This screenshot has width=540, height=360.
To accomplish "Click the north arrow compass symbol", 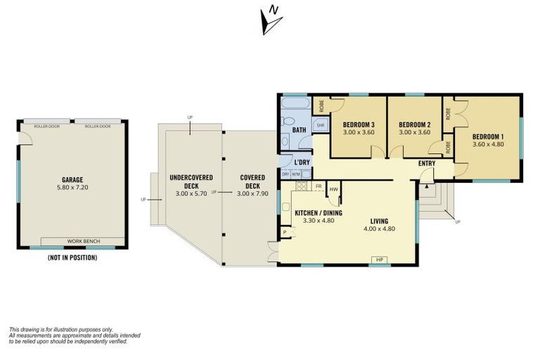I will tap(270, 20).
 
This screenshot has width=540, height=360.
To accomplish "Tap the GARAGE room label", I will tap(73, 179).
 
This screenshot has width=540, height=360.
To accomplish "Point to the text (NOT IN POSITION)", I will tap(72, 257).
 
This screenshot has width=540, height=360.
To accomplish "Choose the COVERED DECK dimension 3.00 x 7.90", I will tap(252, 193).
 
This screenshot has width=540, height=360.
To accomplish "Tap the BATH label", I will tap(299, 130).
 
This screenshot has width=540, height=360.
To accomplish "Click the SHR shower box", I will tap(320, 126).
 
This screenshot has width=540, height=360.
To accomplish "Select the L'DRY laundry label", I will tap(302, 162).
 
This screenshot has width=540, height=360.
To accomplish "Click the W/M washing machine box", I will tap(296, 174).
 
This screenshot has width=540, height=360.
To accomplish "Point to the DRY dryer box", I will tap(285, 174).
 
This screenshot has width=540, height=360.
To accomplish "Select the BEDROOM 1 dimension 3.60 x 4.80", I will tap(488, 145).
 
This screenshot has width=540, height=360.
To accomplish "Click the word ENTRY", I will tap(427, 164).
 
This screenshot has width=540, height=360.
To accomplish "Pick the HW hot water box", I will tap(334, 189).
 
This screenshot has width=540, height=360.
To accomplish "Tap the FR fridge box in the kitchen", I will tap(319, 187).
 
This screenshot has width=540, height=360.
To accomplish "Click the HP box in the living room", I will tap(380, 261).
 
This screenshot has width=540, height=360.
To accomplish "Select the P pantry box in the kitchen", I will tap(285, 231).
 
